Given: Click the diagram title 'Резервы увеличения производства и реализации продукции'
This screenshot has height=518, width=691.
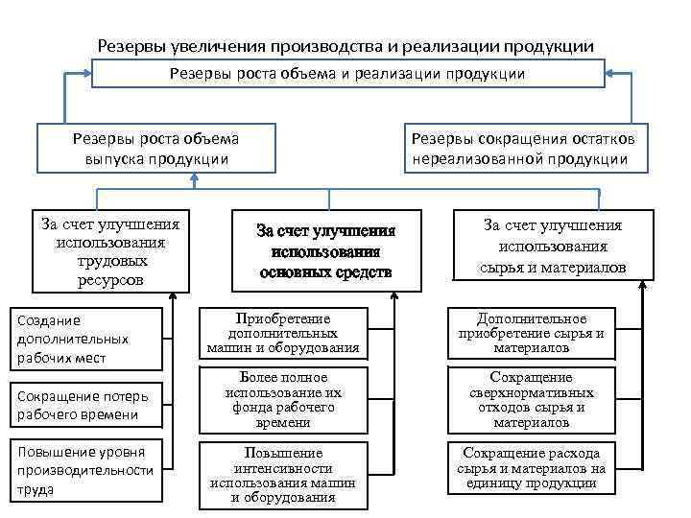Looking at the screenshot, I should (346, 46).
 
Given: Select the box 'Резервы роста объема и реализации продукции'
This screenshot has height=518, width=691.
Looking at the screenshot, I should (347, 73).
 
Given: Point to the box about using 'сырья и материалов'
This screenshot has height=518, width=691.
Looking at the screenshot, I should (552, 246).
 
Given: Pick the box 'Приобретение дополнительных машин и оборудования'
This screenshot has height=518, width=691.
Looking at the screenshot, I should (283, 333).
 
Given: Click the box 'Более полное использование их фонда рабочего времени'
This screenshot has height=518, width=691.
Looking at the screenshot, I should (283, 399).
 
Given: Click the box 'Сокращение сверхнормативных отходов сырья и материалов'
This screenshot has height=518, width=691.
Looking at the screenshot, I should (543, 399).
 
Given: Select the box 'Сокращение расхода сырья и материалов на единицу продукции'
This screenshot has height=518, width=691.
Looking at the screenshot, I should (544, 468).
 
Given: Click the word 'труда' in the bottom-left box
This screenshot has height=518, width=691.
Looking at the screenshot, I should (35, 488).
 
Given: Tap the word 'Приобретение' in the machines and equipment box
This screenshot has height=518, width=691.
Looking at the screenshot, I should (283, 318).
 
